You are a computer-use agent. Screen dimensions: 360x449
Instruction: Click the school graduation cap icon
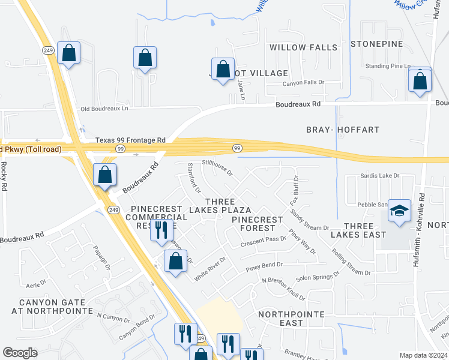click(x=399, y=211)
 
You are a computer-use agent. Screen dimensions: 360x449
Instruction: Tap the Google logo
click(x=20, y=353)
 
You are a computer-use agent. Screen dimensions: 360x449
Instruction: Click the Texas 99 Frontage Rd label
click(x=130, y=140)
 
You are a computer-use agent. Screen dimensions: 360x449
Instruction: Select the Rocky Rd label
click(x=4, y=176)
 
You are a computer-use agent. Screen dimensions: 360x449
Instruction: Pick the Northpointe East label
click(x=291, y=319)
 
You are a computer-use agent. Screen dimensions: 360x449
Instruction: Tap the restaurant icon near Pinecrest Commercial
click(x=161, y=230)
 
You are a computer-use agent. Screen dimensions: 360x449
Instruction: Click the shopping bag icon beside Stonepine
click(x=420, y=80)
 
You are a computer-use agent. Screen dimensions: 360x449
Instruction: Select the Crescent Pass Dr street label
click(x=263, y=240)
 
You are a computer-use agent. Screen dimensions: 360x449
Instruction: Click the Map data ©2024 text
click(x=423, y=355)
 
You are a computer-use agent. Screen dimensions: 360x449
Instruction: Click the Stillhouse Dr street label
click(x=217, y=168)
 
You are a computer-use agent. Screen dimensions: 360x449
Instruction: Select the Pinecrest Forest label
click(x=257, y=224)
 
